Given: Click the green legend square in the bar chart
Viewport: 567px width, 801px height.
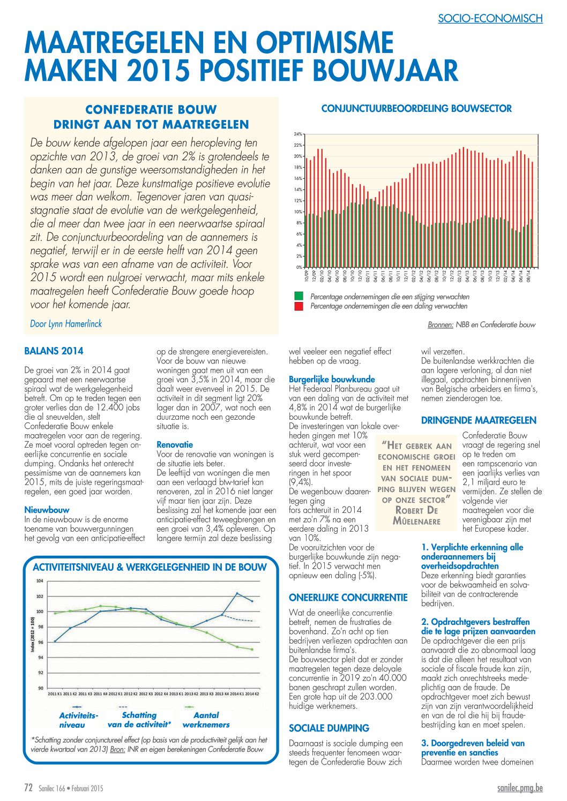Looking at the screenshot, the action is coord(299,296).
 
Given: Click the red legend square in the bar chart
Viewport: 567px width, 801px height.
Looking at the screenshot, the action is coord(299,306).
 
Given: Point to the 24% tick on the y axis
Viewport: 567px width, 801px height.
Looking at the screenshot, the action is coord(298,134).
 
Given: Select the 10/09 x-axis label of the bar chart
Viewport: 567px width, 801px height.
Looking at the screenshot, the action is coord(306,276).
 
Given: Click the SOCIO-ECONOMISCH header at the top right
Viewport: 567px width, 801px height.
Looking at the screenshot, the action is coord(490,19).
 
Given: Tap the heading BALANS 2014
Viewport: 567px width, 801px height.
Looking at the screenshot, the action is coord(54,351).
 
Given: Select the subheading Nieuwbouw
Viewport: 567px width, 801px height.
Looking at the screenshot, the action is coord(47,510).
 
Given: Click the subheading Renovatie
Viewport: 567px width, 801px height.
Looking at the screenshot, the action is coord(175,444).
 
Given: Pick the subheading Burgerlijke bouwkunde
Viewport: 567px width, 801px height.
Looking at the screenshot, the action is coord(332,380).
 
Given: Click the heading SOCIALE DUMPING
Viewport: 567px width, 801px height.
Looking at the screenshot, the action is coord(329,728).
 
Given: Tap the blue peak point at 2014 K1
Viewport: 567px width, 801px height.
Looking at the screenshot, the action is coord(237,593).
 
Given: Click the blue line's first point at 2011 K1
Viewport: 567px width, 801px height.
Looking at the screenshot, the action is coord(55,641).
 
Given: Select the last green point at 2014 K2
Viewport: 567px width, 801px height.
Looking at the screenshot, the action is coord(252,649).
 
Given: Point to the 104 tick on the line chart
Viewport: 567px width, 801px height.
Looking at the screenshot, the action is coord(40,581).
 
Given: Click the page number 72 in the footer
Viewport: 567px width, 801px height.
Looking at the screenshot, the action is coord(28,788).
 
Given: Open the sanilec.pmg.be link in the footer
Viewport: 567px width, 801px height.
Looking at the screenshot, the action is coord(520,788).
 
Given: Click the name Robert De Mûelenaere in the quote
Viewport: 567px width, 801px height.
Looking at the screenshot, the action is coord(416,515).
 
